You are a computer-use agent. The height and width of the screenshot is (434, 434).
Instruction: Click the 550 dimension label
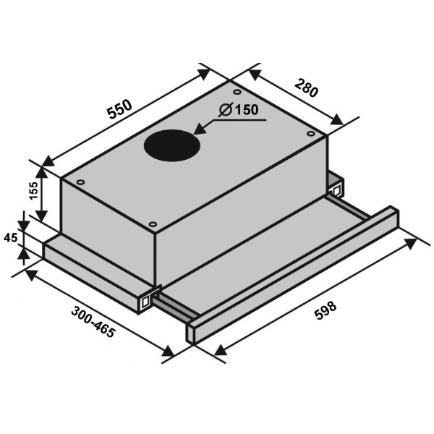click(x=120, y=109)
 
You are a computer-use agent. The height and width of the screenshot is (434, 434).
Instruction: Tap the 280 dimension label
click(x=307, y=88)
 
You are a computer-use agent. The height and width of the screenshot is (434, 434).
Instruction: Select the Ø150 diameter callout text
click(x=239, y=110)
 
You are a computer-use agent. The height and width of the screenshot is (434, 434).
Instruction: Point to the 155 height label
click(x=33, y=190)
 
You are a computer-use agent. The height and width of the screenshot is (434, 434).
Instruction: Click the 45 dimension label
click(x=11, y=237)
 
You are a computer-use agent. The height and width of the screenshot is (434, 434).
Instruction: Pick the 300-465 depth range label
click(x=93, y=322)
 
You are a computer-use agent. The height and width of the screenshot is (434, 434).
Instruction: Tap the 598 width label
click(x=325, y=310)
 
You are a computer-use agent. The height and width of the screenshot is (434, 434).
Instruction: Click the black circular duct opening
click(x=172, y=145)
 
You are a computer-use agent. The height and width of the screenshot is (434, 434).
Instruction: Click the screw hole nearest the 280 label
click(x=311, y=134)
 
